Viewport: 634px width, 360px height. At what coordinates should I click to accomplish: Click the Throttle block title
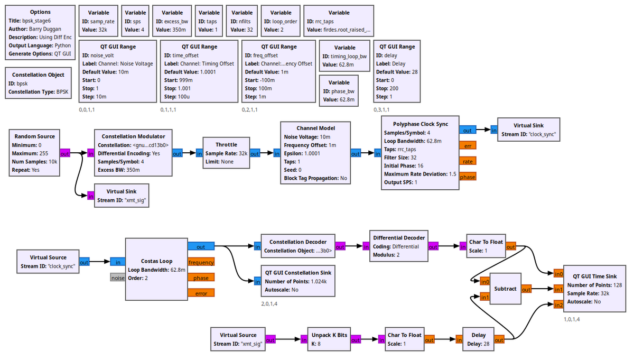coord(226,144)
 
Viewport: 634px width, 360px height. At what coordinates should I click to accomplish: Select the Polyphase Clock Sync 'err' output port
coord(468,146)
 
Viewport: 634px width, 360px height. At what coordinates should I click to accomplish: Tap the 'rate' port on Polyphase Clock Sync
coord(468,161)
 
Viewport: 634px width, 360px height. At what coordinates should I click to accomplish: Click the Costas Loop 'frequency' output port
coord(201,262)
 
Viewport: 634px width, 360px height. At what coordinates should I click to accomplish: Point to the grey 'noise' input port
coord(117,278)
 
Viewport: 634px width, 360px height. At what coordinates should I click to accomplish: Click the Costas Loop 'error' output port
coord(201,293)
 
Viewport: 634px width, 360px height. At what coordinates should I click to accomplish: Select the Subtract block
coord(505,289)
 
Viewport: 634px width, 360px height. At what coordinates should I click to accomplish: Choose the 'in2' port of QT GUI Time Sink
coord(558,304)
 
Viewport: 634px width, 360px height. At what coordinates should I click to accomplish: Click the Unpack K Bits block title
coord(329,335)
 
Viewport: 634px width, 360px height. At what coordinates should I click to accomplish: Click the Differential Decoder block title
coord(398,238)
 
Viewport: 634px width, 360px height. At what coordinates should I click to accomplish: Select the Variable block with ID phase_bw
coord(339,91)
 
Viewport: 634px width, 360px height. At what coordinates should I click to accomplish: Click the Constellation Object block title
coord(38,75)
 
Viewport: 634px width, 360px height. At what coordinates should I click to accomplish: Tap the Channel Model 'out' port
coord(356,154)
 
